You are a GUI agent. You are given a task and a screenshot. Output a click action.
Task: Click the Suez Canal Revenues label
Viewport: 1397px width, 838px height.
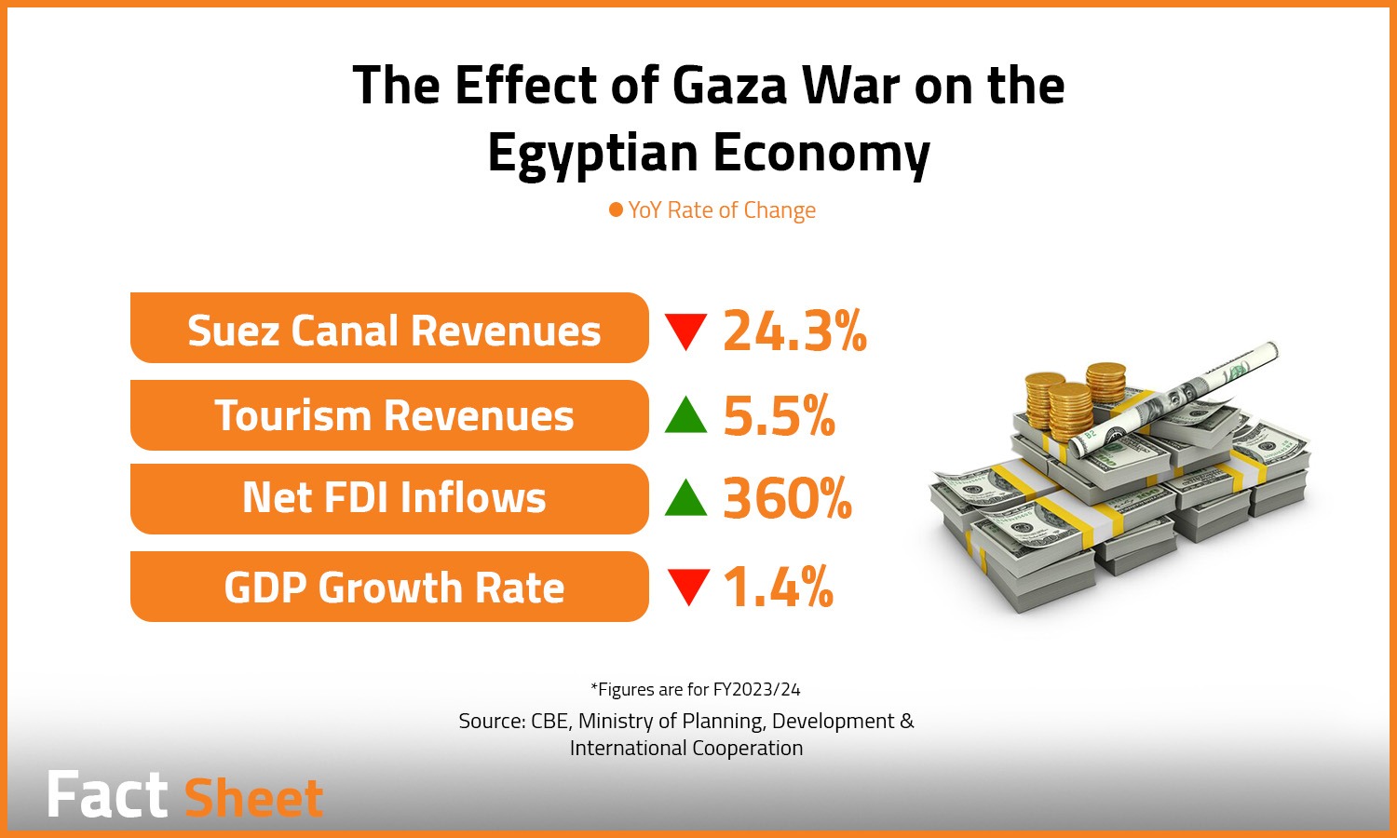click(x=393, y=331)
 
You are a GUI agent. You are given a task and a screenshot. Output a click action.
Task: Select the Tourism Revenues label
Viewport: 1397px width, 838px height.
click(x=393, y=415)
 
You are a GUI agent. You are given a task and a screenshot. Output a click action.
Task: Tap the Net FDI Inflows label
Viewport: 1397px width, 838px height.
click(x=393, y=498)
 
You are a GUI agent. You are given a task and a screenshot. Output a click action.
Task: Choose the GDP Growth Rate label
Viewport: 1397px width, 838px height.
click(x=393, y=588)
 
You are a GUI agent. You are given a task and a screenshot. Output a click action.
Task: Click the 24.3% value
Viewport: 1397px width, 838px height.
click(x=794, y=331)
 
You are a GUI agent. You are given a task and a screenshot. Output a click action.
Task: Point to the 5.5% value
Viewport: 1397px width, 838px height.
click(x=779, y=415)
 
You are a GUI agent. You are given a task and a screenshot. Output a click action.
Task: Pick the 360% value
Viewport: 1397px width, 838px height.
click(x=787, y=498)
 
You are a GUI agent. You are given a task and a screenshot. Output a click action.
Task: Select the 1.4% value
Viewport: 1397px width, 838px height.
click(x=778, y=588)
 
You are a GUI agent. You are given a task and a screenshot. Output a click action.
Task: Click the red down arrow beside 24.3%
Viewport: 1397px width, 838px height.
click(x=686, y=331)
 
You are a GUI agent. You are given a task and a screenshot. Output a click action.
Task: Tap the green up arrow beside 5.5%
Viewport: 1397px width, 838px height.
click(x=686, y=416)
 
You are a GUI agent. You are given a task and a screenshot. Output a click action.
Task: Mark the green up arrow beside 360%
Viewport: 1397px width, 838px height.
click(x=686, y=498)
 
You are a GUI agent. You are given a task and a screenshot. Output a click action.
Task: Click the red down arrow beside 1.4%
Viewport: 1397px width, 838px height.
click(x=688, y=588)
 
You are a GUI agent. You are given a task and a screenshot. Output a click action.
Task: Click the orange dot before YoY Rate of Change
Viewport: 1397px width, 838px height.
click(x=616, y=209)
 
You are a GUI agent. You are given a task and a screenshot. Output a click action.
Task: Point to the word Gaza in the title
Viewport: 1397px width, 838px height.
click(x=730, y=86)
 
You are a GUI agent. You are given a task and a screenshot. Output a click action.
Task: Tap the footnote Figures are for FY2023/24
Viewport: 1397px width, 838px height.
click(x=696, y=689)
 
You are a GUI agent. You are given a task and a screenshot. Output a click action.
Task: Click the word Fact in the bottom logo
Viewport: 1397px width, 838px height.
click(x=107, y=796)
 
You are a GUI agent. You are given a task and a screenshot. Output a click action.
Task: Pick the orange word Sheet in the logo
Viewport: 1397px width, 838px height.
click(x=253, y=798)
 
